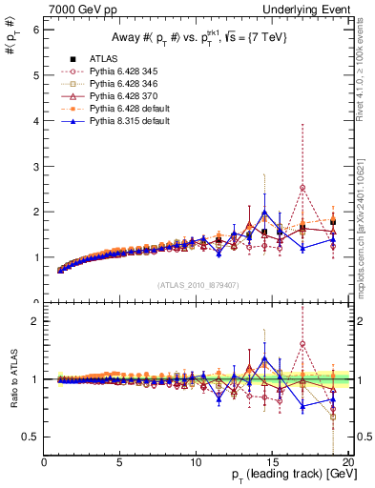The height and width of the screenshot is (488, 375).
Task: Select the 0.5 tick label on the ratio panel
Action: [x=31, y=437]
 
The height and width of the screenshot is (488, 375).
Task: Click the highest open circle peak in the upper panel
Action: [x=302, y=188]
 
